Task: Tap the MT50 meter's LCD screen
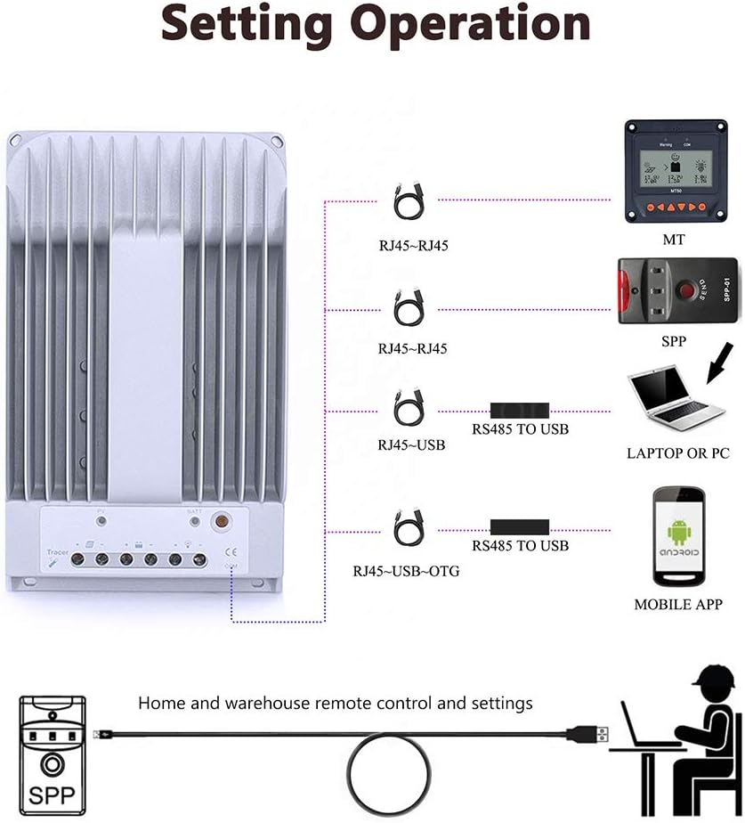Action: pyautogui.click(x=673, y=167)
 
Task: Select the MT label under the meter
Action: pyautogui.click(x=674, y=240)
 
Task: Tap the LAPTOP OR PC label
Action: pyautogui.click(x=677, y=453)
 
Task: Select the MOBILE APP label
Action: pyautogui.click(x=678, y=604)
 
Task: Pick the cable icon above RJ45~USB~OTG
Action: pyautogui.click(x=409, y=527)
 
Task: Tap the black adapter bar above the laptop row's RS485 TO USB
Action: pyautogui.click(x=520, y=411)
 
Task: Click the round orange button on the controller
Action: pyautogui.click(x=217, y=522)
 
